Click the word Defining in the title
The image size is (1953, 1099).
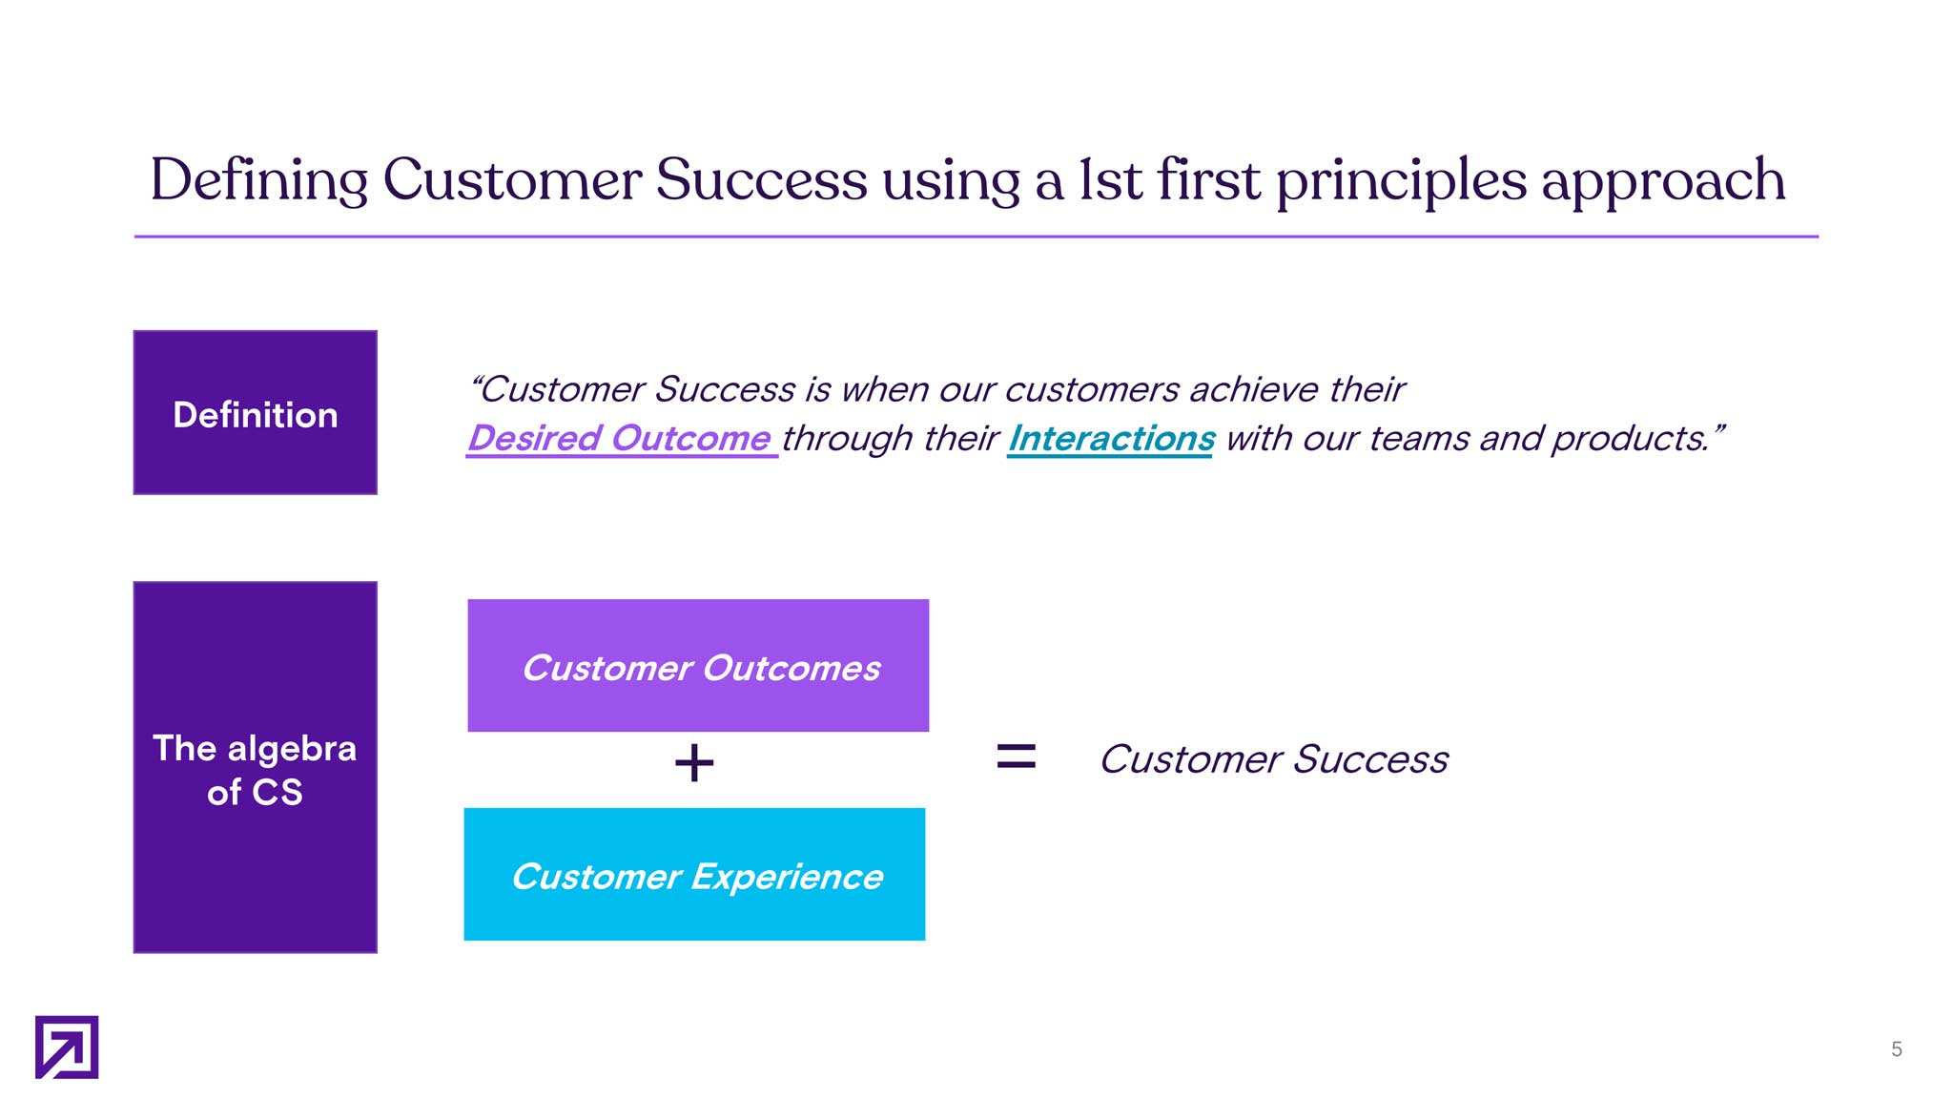(x=258, y=179)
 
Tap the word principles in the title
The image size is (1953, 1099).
(x=1402, y=181)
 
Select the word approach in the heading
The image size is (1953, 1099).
(x=1664, y=181)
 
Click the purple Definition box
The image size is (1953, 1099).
(x=256, y=412)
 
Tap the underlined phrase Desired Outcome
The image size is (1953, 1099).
(x=620, y=438)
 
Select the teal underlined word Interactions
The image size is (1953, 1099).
(x=1111, y=438)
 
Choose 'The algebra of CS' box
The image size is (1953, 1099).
(x=256, y=767)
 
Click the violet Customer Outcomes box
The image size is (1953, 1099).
(x=698, y=666)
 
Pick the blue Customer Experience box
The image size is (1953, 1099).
(x=694, y=874)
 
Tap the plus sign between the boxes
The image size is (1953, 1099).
(x=694, y=762)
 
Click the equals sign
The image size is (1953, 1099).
(x=1016, y=757)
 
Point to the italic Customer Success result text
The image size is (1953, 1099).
(x=1274, y=759)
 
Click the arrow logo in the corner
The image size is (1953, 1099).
(x=67, y=1047)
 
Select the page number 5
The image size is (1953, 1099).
(x=1897, y=1049)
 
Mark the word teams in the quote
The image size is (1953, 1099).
(x=1418, y=438)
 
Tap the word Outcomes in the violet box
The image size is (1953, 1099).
(x=791, y=668)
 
